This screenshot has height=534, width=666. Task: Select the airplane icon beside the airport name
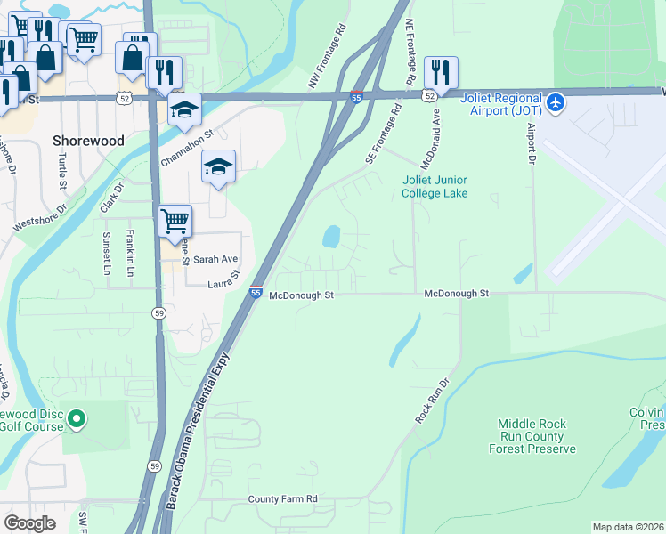(556, 103)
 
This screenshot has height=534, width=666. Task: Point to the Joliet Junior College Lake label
(435, 186)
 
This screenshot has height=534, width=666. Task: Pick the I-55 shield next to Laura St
(256, 292)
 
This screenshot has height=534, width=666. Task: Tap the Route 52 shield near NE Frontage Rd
(429, 95)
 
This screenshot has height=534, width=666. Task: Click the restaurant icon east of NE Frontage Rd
(441, 72)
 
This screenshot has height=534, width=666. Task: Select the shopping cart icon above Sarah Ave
(175, 221)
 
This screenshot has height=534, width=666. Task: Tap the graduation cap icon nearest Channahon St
(185, 109)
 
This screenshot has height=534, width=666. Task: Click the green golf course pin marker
(77, 417)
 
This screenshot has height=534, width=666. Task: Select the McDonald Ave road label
(430, 141)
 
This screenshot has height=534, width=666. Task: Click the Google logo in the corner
(29, 523)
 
